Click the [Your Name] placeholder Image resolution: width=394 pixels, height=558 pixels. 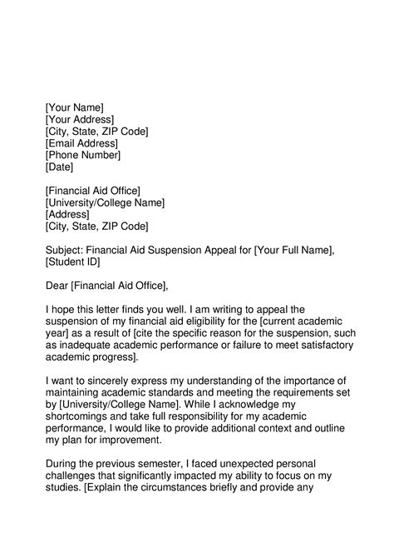pos(75,107)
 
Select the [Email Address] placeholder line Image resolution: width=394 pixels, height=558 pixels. pos(81,143)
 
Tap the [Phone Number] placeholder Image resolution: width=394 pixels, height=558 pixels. pos(83,155)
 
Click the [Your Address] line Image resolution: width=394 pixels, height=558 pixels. pos(81,119)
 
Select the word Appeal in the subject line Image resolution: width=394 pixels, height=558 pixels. pos(215,250)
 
